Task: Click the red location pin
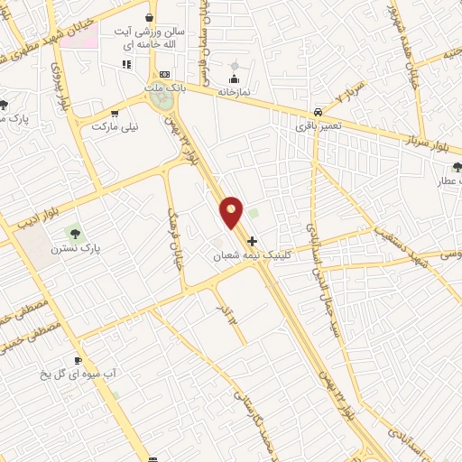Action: pos(232,212)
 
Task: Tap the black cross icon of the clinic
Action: pos(252,241)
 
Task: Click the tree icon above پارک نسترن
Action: pos(74,235)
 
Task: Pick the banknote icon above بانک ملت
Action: pos(163,75)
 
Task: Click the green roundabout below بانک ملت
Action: pos(162,103)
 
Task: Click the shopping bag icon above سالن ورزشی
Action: pos(149,17)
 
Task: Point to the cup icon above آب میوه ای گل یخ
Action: pos(78,360)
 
